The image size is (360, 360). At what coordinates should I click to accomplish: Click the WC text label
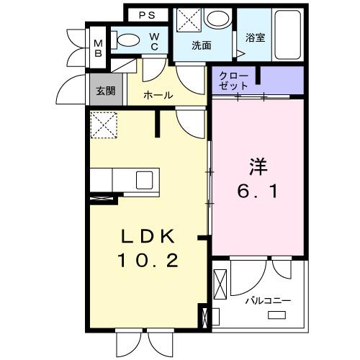pyautogui.click(x=154, y=42)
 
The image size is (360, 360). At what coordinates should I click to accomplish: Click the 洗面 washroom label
pyautogui.click(x=201, y=45)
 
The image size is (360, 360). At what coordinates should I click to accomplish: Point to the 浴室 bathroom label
pyautogui.click(x=255, y=37)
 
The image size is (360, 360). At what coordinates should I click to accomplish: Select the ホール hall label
pyautogui.click(x=158, y=95)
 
